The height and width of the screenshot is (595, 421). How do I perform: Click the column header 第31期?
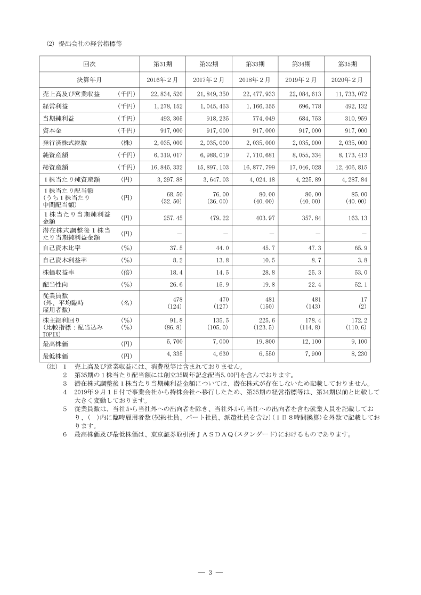point(162,64)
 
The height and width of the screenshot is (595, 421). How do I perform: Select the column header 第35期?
point(347,64)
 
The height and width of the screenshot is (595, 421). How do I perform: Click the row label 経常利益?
point(56,106)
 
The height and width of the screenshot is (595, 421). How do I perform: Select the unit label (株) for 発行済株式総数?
point(126,143)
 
